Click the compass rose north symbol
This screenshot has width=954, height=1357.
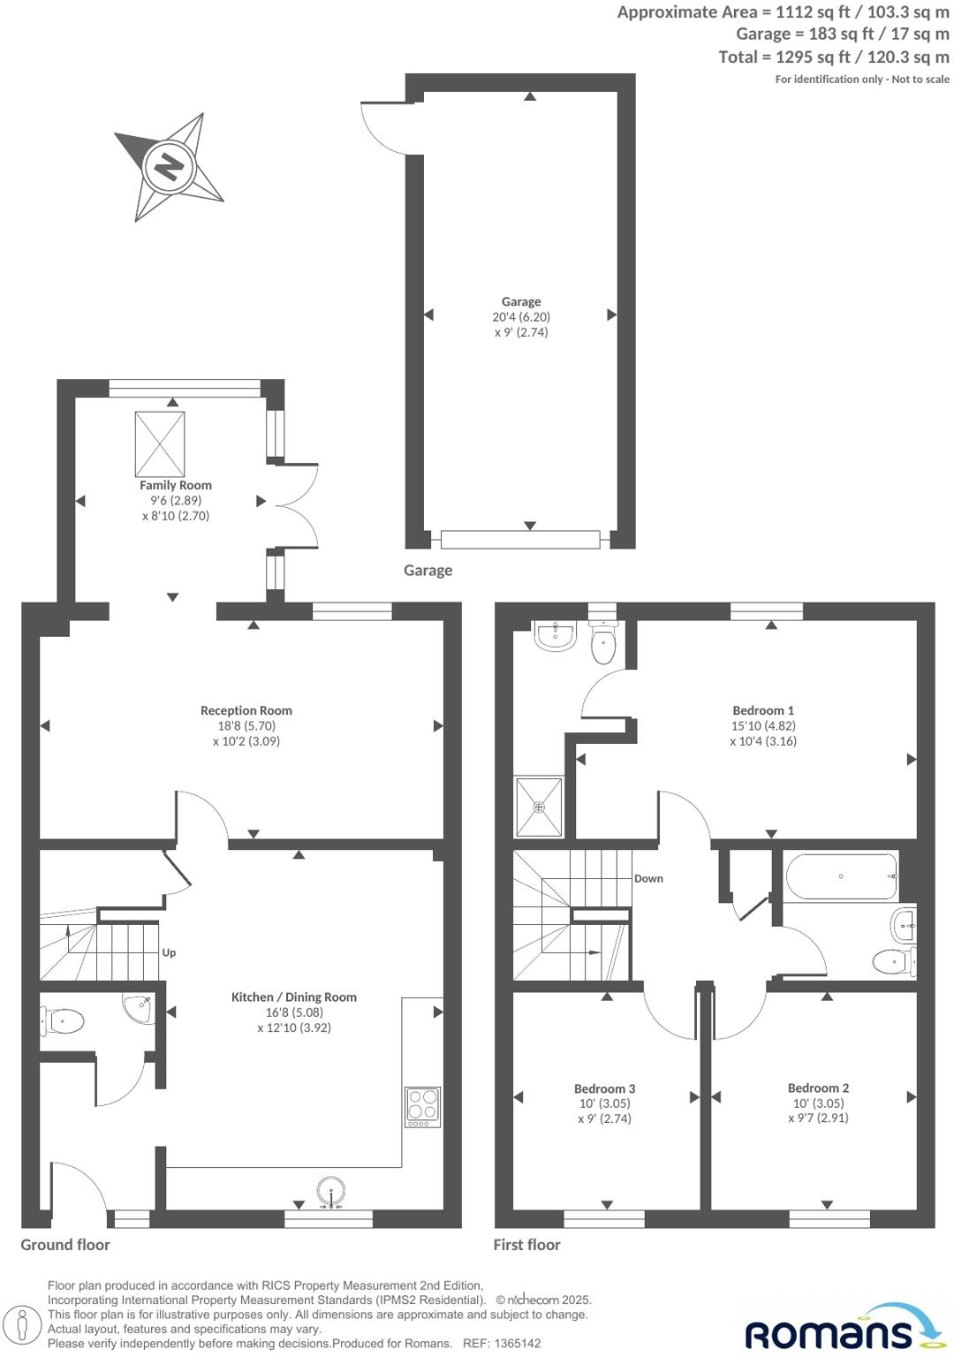click(168, 166)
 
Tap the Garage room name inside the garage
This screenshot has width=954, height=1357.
click(521, 302)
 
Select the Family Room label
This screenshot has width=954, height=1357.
click(176, 485)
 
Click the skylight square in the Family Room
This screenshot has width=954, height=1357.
click(160, 443)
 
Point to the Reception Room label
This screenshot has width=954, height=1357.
click(246, 710)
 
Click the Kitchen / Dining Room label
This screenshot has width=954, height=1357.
click(294, 997)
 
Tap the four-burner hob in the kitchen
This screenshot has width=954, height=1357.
click(422, 1106)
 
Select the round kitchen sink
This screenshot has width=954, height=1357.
click(331, 1190)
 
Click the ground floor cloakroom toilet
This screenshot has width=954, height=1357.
click(64, 1022)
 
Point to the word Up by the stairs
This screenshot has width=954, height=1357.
click(169, 952)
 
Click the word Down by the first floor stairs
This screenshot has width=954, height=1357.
click(648, 878)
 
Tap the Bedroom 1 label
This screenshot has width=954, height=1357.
click(763, 710)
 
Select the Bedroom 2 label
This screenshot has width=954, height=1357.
click(819, 1088)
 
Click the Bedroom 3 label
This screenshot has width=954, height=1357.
click(605, 1089)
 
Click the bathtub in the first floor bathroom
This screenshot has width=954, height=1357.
click(841, 876)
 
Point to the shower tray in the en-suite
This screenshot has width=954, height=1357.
click(539, 807)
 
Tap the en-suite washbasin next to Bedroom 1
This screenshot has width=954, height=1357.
click(555, 635)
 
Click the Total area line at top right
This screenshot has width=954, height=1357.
click(834, 57)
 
